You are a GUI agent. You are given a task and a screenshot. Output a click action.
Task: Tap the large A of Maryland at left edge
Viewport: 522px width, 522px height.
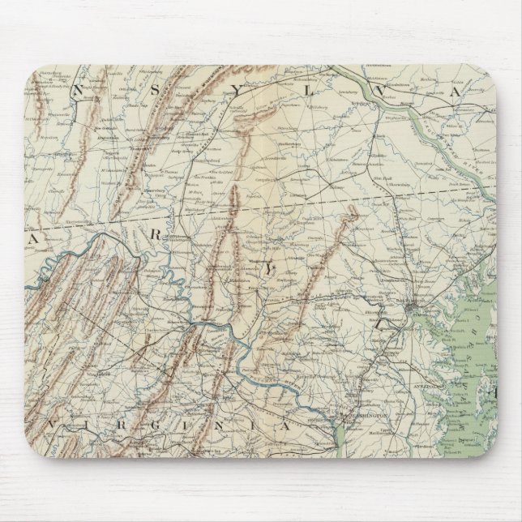(x=34, y=239)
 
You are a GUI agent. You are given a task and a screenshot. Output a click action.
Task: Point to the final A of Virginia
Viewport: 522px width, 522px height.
(x=285, y=425)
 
